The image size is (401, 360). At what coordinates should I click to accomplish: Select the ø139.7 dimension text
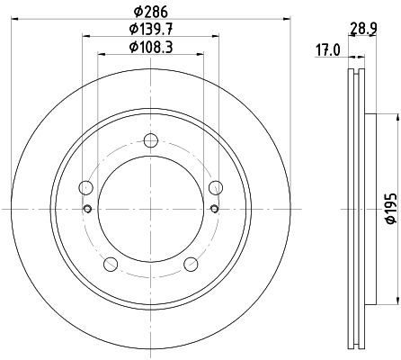point(151,30)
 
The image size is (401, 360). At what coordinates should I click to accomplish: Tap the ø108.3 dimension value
point(151,47)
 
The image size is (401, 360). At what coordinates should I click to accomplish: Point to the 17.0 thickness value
point(326,50)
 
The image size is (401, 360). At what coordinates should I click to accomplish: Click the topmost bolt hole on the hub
point(151,139)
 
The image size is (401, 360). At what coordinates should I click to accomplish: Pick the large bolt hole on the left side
point(86,187)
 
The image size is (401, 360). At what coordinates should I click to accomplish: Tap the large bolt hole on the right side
point(216,187)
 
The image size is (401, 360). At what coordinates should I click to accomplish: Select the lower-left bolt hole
point(111,264)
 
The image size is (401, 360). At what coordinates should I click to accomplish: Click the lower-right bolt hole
point(191,264)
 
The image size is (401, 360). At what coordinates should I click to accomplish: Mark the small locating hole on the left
point(87,210)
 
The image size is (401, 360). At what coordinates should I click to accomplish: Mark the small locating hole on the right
point(214,210)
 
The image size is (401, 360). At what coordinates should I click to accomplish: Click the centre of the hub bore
point(151,210)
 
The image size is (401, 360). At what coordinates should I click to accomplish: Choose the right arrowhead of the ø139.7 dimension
point(217,37)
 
